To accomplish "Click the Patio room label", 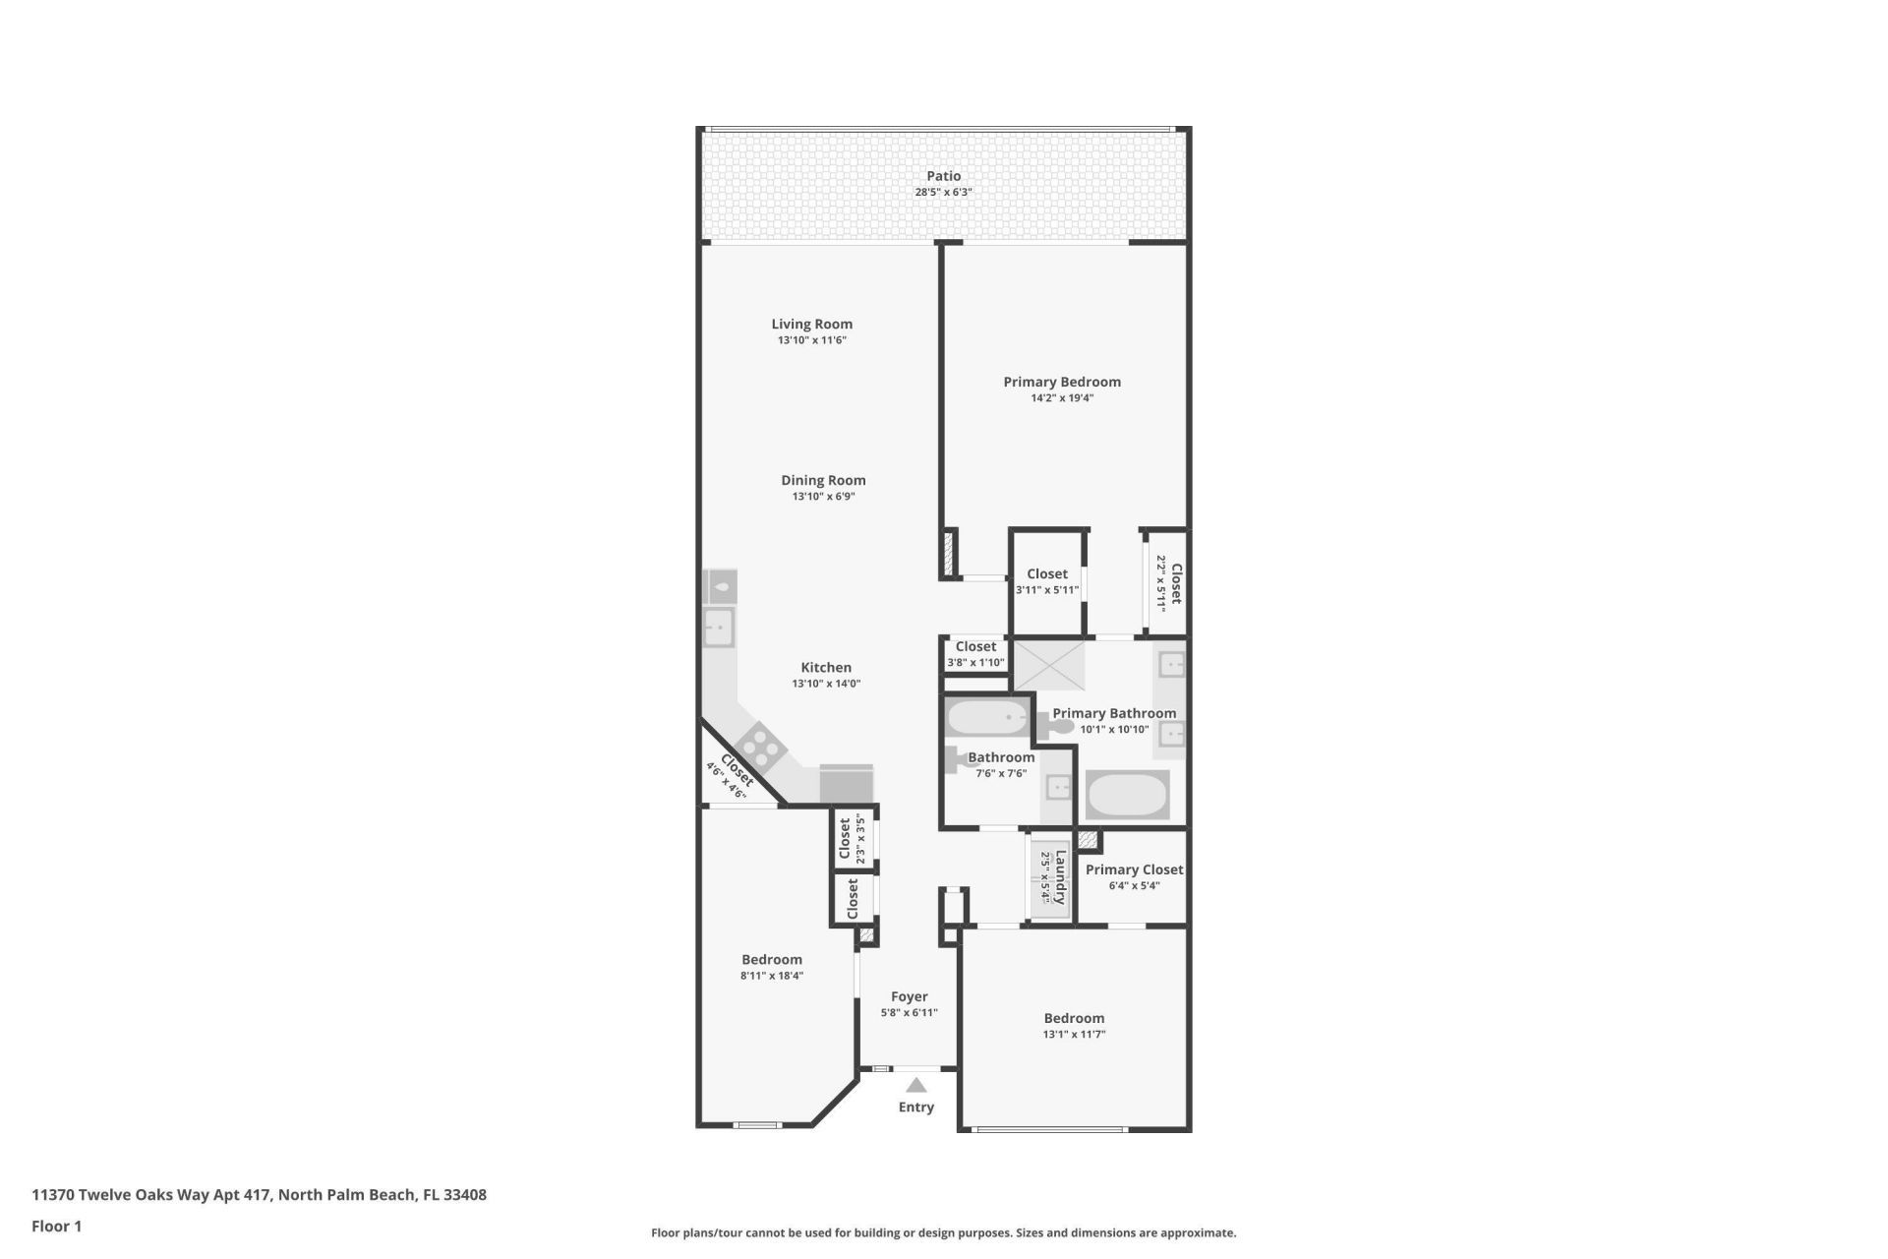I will coord(943,176).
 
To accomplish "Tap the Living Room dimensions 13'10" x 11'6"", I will coord(811,340).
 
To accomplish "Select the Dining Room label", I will coord(823,480).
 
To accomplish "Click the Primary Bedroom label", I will coord(1061,382).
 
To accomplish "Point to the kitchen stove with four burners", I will coord(760,746).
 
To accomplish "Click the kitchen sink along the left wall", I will coord(719,627).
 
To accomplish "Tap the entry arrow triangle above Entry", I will coord(915,1086).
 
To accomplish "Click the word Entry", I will coord(915,1108).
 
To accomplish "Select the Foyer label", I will coord(909,996).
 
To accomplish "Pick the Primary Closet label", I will coord(1134,869).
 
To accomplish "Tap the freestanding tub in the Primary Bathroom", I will coord(1127,795).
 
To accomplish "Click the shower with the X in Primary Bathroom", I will coord(1048,665).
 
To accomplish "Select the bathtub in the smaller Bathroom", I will coord(986,717).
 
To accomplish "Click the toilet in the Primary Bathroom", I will coord(1056,728).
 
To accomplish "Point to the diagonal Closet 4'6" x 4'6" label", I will coord(737,770).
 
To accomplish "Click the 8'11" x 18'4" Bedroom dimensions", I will coord(772,976).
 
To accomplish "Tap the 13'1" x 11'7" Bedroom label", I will coord(1074,1018).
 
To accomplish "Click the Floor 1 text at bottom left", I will coord(57,1227).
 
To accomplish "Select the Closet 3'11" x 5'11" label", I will coord(1046,573).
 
